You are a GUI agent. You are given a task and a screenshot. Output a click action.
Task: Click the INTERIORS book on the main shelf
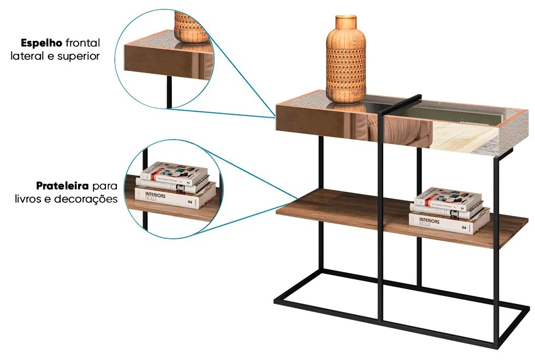[449, 223]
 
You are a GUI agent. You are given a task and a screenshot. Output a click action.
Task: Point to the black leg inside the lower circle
[146, 218]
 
